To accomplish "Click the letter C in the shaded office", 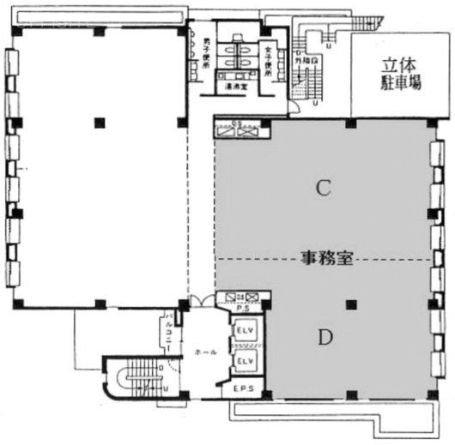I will pyautogui.click(x=324, y=189).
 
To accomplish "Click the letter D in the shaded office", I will pyautogui.click(x=325, y=338).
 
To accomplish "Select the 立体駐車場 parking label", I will pyautogui.click(x=401, y=75).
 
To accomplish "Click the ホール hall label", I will pyautogui.click(x=205, y=352).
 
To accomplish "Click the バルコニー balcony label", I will pyautogui.click(x=169, y=329).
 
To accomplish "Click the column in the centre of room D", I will pyautogui.click(x=350, y=303).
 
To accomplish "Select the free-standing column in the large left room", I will pyautogui.click(x=100, y=121).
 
